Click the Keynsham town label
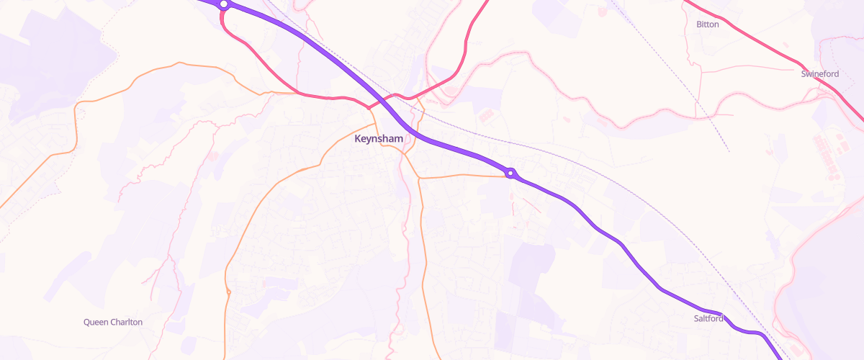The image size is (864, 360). tap(379, 138)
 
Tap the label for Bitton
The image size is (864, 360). tap(707, 24)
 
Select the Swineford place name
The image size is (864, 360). tap(820, 73)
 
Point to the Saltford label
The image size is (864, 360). tap(708, 318)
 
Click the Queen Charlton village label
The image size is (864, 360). tap(113, 322)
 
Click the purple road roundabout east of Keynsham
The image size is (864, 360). tap(510, 173)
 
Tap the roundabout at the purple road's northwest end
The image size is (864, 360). tap(224, 4)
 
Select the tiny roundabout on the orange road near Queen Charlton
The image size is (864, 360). tap(228, 292)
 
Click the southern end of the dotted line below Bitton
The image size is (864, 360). tap(729, 151)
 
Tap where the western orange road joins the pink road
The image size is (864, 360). tap(297, 94)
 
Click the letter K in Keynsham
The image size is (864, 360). tap(358, 138)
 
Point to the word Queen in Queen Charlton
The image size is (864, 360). tap(96, 322)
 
